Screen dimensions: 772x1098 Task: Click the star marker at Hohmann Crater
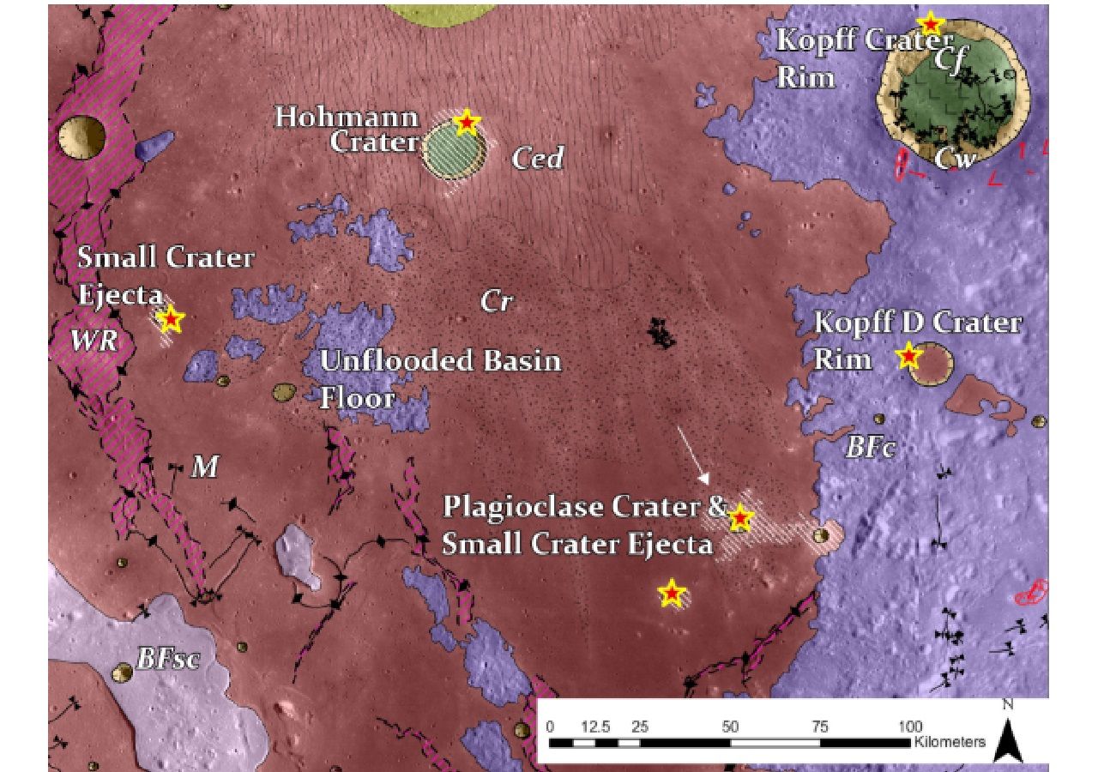[x=466, y=122]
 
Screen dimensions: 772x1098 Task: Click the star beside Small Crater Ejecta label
[x=172, y=319]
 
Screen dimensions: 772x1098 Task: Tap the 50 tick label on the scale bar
[x=730, y=727]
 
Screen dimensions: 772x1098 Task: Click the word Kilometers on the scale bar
[x=950, y=742]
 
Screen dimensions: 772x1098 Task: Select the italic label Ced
[x=538, y=158]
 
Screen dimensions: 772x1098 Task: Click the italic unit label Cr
[x=497, y=301]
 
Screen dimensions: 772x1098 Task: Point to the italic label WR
[x=94, y=341]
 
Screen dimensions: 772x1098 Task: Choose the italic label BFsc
[x=168, y=660]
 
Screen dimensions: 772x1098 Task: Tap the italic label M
[x=204, y=467]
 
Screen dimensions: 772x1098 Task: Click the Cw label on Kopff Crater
[x=955, y=159]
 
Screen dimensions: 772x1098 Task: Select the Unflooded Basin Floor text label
[x=440, y=377]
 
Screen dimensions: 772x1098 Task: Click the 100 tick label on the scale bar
[x=910, y=727]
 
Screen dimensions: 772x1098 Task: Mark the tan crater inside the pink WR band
[x=81, y=137]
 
